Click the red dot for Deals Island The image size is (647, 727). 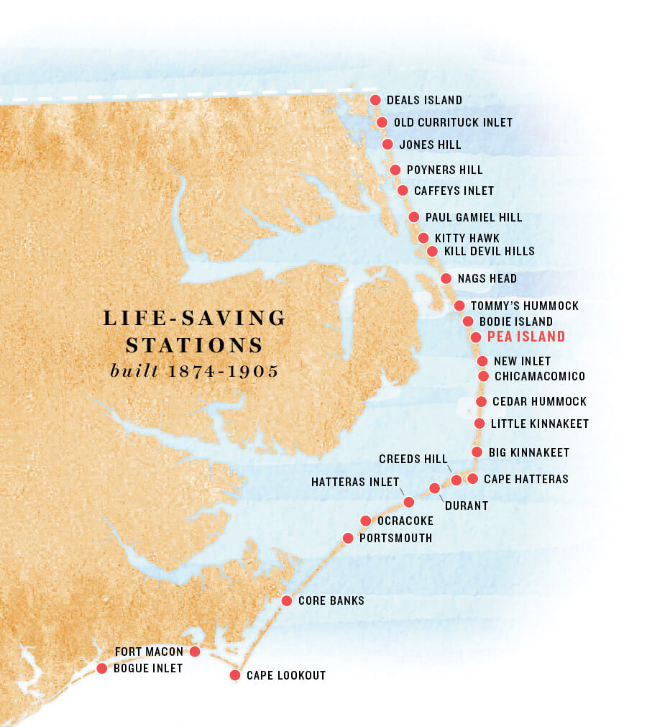point(375,101)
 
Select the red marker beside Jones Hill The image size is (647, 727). point(387,145)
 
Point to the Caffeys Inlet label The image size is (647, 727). point(454,191)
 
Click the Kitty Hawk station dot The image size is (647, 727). point(423,238)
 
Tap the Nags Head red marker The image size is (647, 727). point(445,278)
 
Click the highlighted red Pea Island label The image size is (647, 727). point(526,337)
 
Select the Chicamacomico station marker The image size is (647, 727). point(484,376)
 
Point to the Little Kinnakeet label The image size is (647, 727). point(539,424)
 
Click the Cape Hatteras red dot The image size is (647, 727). point(472,478)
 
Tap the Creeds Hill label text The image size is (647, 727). point(413,459)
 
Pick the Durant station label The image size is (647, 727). point(466,506)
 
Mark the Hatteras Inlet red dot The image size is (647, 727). point(409,502)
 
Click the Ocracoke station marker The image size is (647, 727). point(365,521)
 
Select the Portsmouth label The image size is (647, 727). point(395,539)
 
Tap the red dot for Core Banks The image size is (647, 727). point(286,600)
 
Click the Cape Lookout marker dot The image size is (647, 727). point(234,675)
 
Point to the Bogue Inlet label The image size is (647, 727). point(148,669)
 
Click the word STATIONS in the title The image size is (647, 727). point(194,345)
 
